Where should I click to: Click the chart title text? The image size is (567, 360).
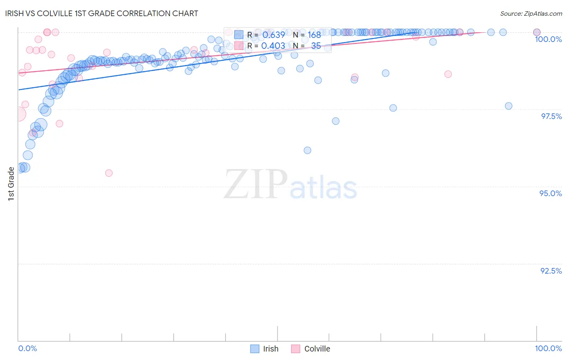pos(101,13)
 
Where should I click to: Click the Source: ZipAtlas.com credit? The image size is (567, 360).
pos(531,14)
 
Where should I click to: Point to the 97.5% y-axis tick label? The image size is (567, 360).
pos(551,116)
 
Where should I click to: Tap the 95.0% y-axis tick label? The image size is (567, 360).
pos(550,193)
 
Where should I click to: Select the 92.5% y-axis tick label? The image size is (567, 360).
pos(551,271)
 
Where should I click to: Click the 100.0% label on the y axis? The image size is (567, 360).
pos(548,39)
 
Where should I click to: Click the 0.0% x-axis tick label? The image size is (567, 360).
pos(27,348)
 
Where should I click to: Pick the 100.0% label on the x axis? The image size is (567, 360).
pos(548,348)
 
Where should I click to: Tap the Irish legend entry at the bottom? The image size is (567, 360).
pos(270,349)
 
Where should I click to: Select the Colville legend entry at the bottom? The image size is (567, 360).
pos(317,349)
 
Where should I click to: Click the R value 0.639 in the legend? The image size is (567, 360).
pos(273,35)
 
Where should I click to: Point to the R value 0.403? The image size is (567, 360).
pos(273,46)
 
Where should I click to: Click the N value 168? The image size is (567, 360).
pos(314,35)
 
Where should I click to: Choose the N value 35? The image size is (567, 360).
pos(316,46)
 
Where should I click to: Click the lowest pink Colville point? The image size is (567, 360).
pos(109,173)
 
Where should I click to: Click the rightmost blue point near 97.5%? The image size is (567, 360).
pos(509,106)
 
